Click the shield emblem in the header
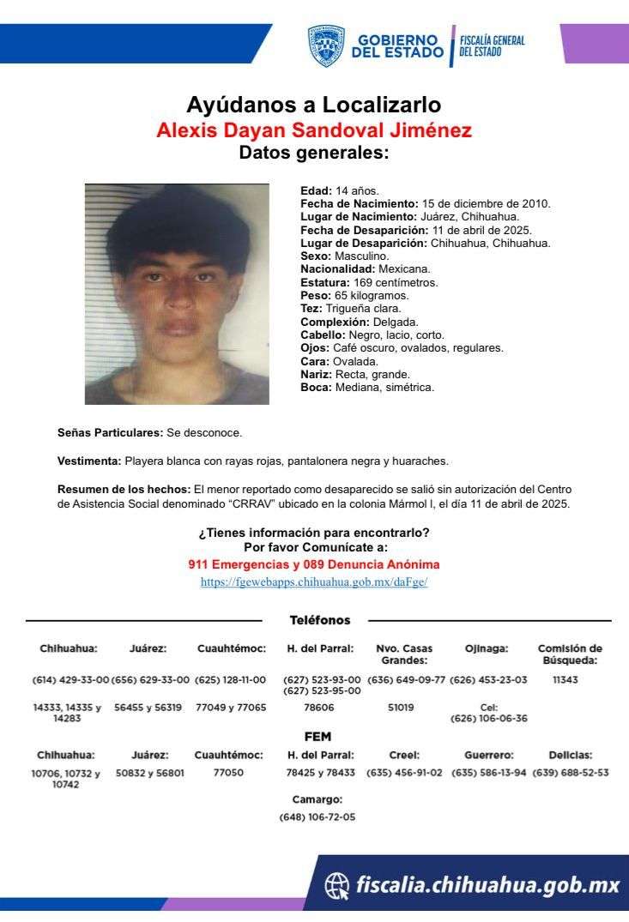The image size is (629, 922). point(326,45)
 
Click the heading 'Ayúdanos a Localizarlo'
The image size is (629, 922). point(314,105)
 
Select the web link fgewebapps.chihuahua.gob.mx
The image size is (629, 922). point(314,582)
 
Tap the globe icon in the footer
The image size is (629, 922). point(337,885)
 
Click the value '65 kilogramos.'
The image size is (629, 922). point(360,295)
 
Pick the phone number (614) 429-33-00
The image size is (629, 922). point(70,679)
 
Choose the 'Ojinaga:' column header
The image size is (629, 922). point(487,648)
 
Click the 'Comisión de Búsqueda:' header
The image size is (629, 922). point(570,654)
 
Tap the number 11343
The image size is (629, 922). point(563,679)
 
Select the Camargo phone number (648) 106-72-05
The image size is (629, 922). point(318,817)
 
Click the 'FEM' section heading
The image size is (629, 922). point(318,737)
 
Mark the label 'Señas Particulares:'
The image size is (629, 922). point(110,433)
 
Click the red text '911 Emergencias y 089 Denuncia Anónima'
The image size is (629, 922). point(314,565)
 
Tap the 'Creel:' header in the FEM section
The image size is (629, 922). point(403,756)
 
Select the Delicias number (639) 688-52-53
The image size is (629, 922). point(570,773)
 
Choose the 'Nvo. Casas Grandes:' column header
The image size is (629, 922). point(404,654)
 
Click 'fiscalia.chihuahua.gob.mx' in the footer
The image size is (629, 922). point(487,885)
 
